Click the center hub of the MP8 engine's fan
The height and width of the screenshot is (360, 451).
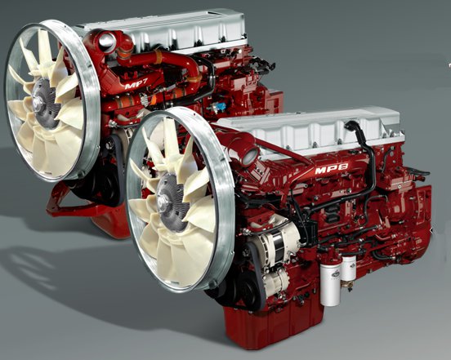coord(170,196)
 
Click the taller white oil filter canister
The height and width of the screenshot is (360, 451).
coord(330,280)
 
